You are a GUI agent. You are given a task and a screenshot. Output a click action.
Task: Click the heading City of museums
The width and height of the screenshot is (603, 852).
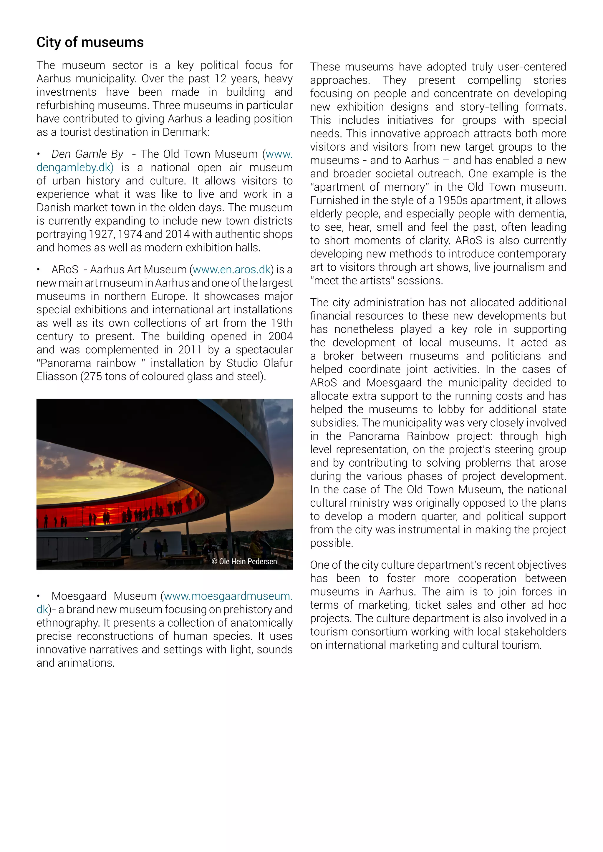[90, 43]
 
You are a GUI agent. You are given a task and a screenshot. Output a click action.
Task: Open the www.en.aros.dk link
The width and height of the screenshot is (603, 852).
[231, 269]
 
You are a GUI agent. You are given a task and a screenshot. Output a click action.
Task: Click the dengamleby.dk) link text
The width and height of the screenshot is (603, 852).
[74, 167]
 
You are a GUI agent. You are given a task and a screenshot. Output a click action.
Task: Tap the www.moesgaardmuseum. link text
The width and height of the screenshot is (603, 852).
[228, 596]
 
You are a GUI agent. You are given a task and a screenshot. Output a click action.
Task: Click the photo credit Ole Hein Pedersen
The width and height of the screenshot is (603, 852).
[245, 561]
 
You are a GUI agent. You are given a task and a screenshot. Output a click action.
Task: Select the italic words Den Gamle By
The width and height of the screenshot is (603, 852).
[87, 154]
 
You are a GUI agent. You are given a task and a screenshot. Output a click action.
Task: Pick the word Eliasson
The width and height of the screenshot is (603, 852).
[57, 376]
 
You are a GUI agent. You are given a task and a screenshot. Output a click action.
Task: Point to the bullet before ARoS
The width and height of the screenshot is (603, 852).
[39, 270]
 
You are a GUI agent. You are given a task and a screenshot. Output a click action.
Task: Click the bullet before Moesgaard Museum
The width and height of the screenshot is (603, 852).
[39, 596]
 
